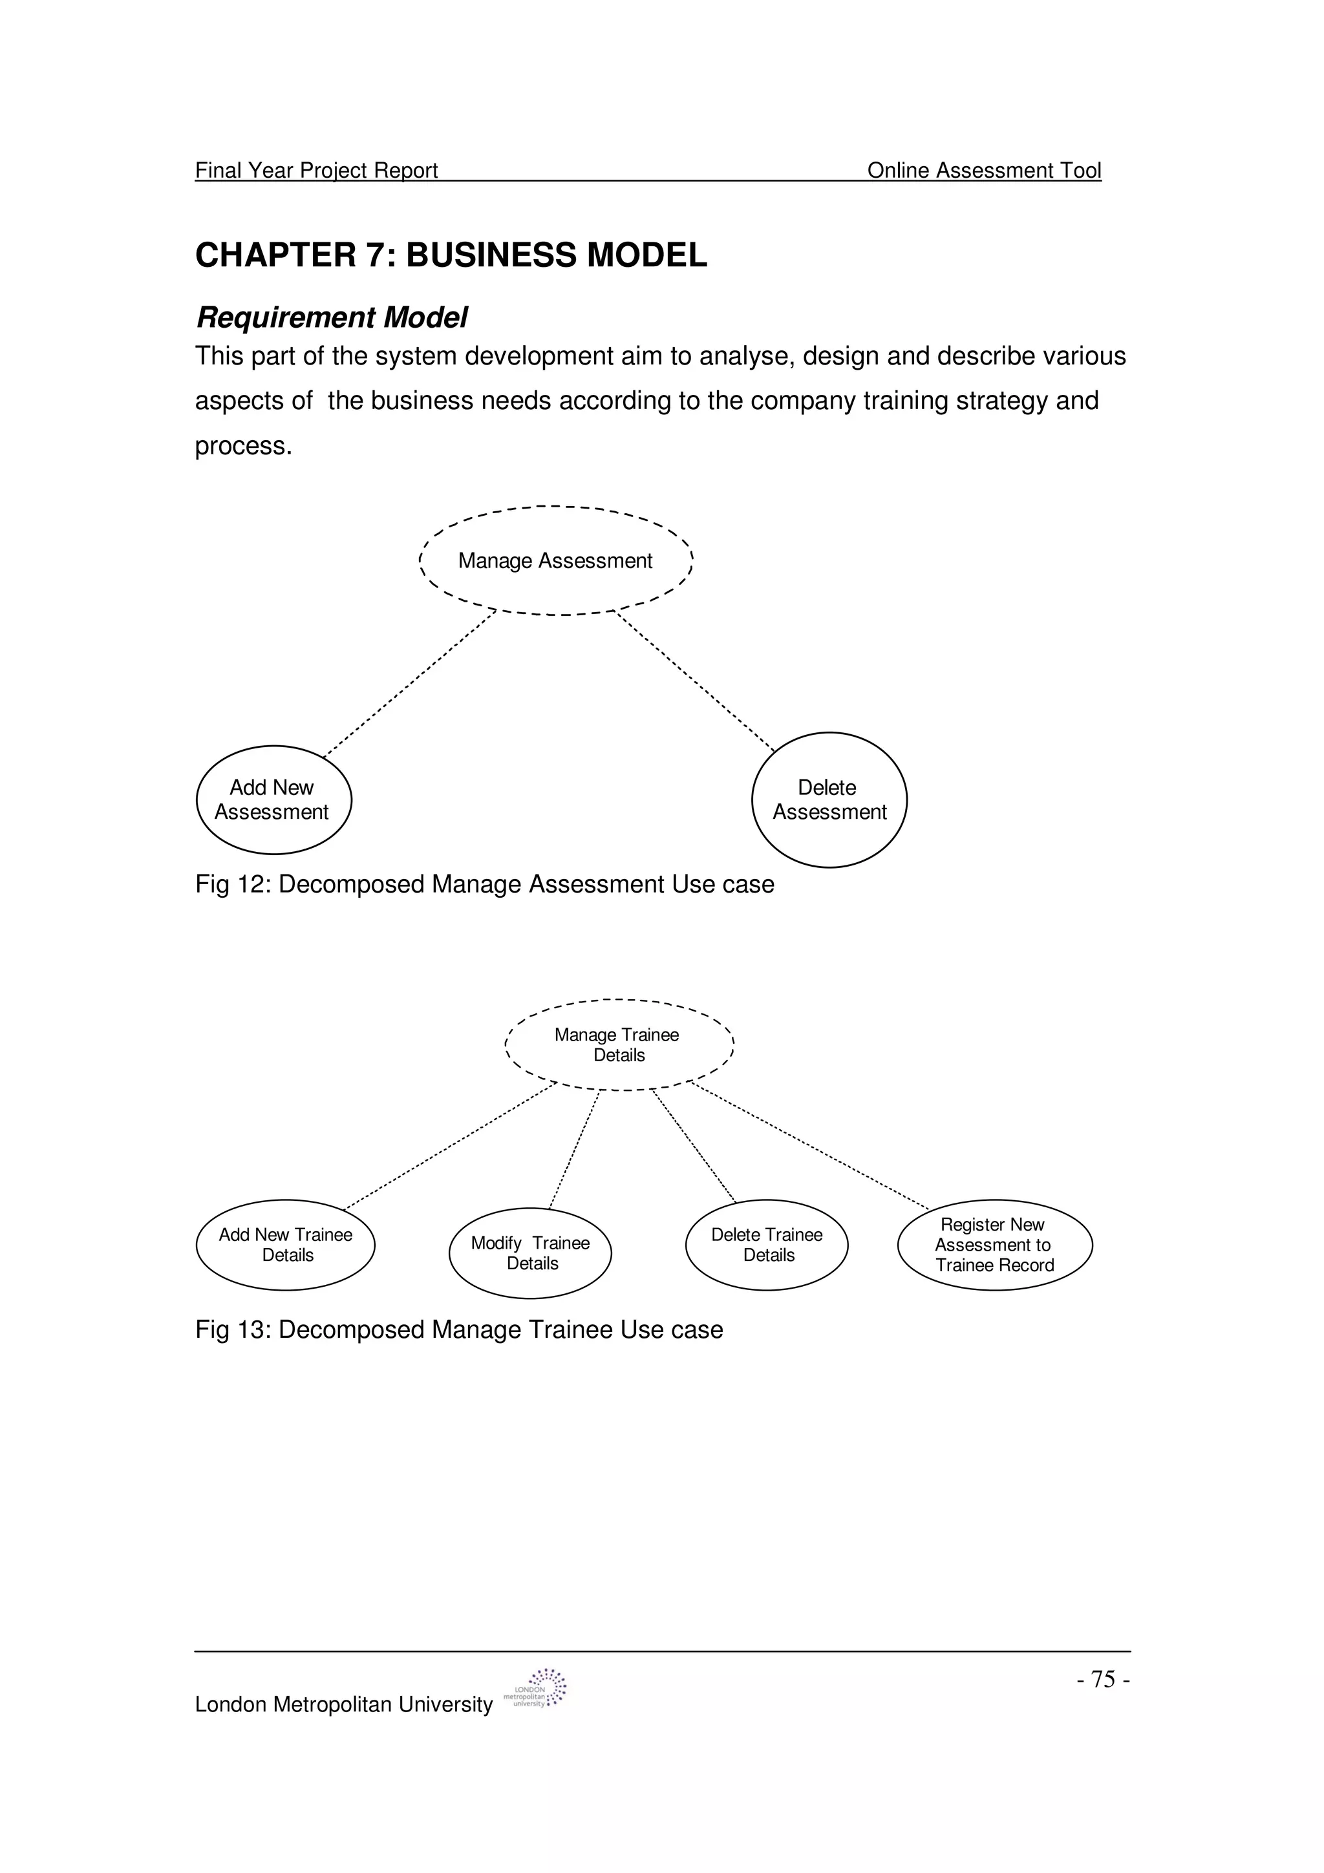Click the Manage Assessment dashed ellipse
[555, 560]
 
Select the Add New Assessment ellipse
[274, 799]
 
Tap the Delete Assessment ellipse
[829, 799]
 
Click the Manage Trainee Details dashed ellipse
[619, 1045]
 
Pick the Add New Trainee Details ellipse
[286, 1245]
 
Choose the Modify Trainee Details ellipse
[530, 1253]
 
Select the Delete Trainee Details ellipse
[767, 1245]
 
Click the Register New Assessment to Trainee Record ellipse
[994, 1245]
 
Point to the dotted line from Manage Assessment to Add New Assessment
[409, 684]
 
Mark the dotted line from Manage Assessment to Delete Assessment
[695, 681]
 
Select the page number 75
[1103, 1680]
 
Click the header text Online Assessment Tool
[984, 171]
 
